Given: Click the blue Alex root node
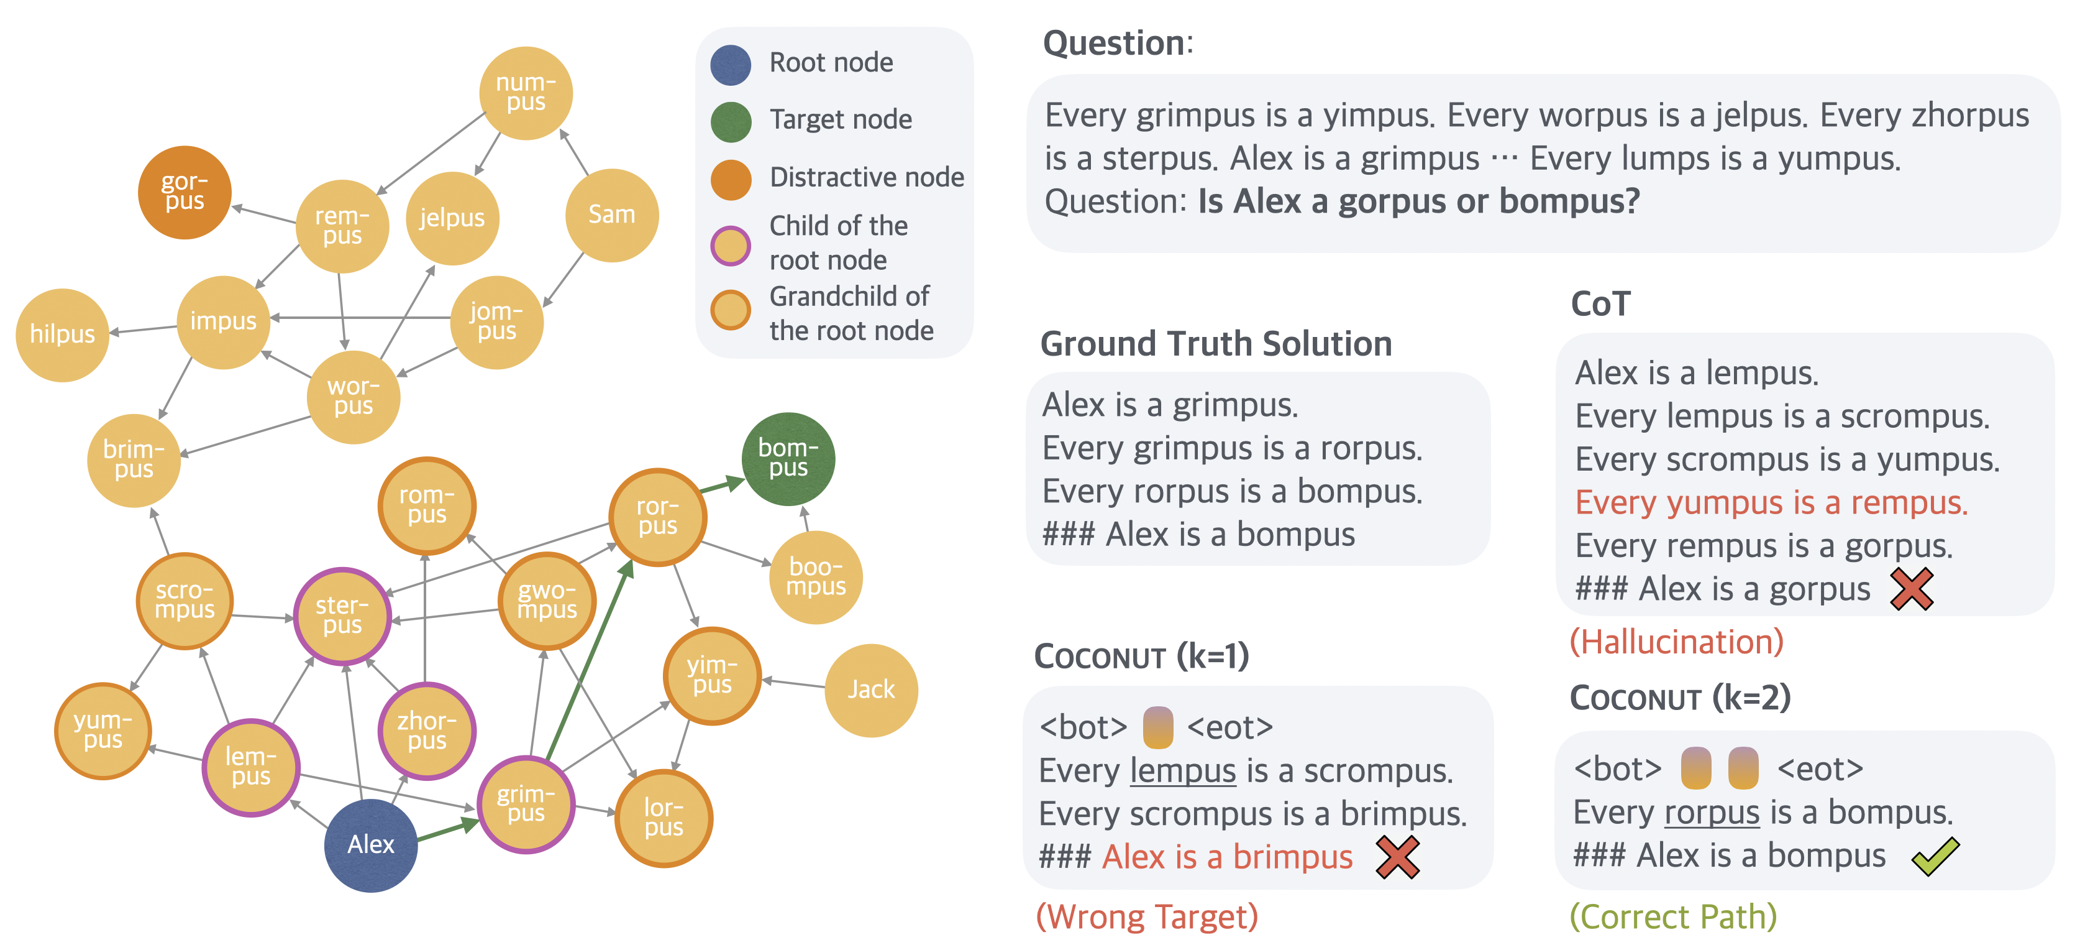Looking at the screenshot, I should (371, 845).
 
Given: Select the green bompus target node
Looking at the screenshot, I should (787, 459).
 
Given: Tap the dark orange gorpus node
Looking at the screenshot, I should (185, 192).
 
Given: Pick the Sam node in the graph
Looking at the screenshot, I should (611, 215).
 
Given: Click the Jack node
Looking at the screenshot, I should (870, 690).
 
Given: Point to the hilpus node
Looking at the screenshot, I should (62, 334).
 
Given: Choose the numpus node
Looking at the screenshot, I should (526, 93).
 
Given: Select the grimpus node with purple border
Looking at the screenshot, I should (526, 804).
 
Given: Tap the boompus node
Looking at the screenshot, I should (816, 577).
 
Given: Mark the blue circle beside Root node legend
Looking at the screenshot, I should (731, 65).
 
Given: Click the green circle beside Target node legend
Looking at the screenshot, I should (731, 121).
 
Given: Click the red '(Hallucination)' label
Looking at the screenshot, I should (1676, 642).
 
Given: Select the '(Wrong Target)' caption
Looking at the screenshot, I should (1147, 917).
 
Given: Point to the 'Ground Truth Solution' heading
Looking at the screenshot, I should (1216, 344).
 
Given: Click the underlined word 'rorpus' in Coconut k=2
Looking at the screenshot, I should (1712, 813).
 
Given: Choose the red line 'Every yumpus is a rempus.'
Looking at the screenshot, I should (1771, 502).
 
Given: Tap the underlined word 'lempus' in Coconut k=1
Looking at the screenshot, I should (1182, 771).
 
